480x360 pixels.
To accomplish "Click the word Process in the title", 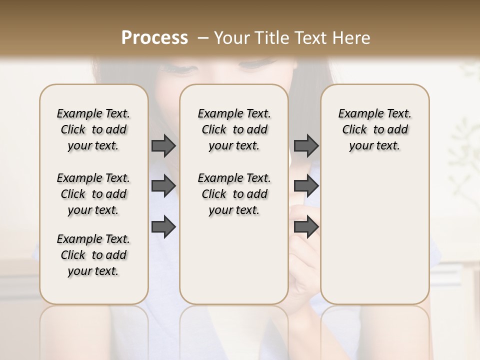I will click(x=154, y=37).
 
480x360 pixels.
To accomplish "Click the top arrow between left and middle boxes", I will click(x=163, y=146).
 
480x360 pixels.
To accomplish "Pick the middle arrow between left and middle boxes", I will click(x=163, y=186).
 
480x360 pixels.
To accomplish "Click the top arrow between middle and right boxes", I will click(x=306, y=146).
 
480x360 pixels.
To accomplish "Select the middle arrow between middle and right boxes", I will click(x=306, y=186).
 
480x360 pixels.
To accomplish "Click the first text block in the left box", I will click(x=93, y=129).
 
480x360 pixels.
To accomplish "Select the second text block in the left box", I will click(x=93, y=194).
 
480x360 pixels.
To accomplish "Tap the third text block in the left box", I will click(x=93, y=255).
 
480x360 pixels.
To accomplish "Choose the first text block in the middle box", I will click(x=234, y=129).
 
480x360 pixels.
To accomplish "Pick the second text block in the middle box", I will click(x=234, y=194).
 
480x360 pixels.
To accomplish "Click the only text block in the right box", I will click(x=374, y=129).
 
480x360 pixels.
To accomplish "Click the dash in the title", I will click(x=202, y=38).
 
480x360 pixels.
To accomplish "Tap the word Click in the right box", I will click(x=354, y=130).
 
